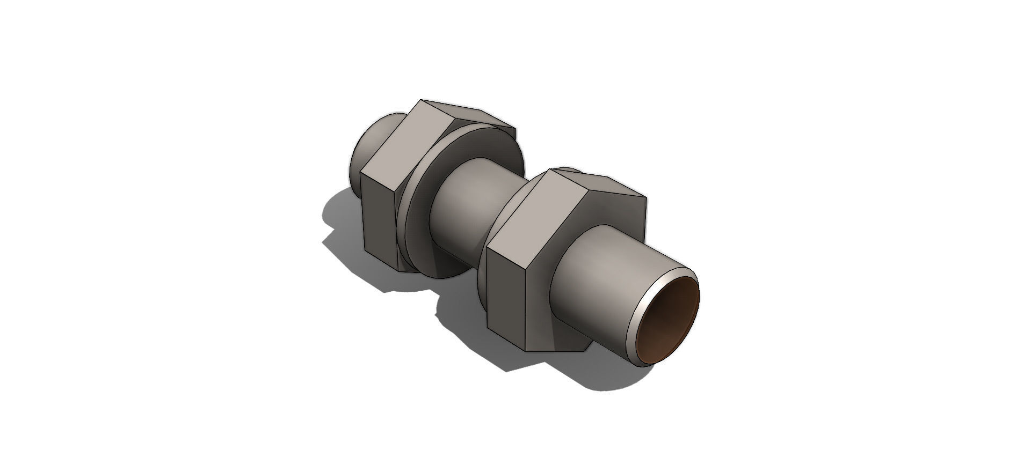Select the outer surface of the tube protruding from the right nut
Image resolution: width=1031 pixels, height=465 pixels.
[601, 279]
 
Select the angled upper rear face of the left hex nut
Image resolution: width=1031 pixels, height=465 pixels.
[473, 121]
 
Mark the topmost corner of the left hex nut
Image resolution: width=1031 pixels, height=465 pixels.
[422, 100]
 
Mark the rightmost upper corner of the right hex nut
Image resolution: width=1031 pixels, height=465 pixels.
[646, 200]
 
